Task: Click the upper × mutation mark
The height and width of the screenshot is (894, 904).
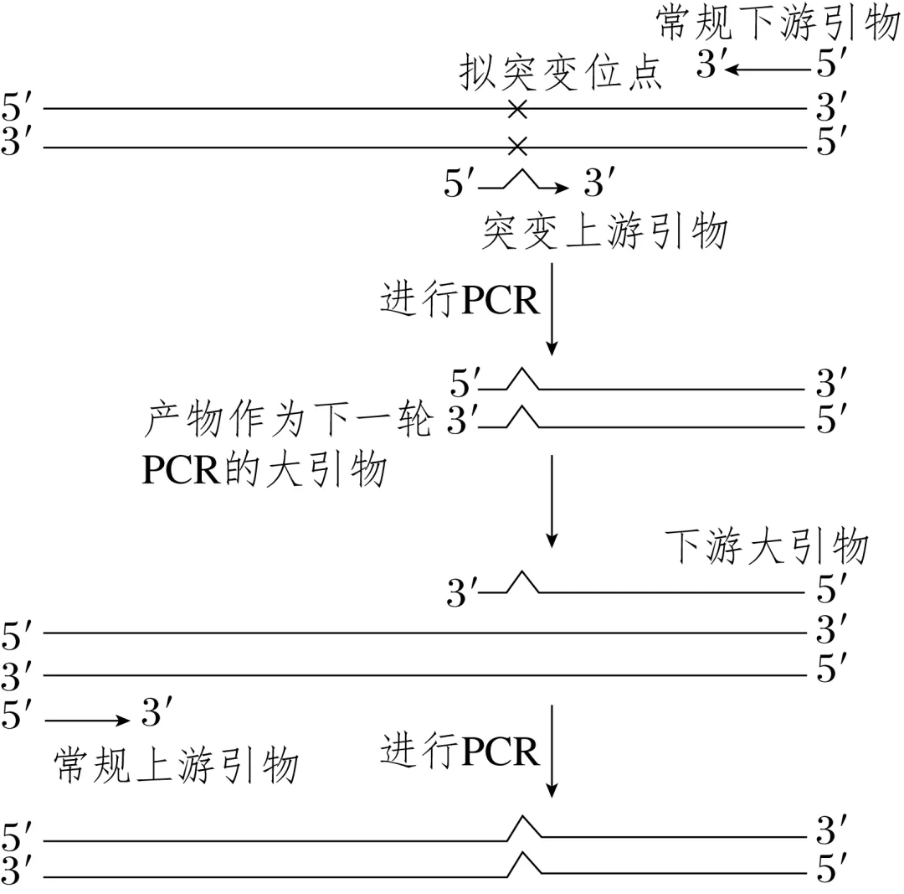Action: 518,109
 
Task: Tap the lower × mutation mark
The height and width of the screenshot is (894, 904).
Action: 518,147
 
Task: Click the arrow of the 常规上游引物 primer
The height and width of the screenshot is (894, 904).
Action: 87,720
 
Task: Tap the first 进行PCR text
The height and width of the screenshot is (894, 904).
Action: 460,299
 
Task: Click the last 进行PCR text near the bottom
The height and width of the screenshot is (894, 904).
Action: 460,751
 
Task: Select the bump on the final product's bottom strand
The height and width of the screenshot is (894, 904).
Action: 524,863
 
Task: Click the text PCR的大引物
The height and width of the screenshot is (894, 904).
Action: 264,471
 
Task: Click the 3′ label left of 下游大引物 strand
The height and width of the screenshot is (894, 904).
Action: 461,594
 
